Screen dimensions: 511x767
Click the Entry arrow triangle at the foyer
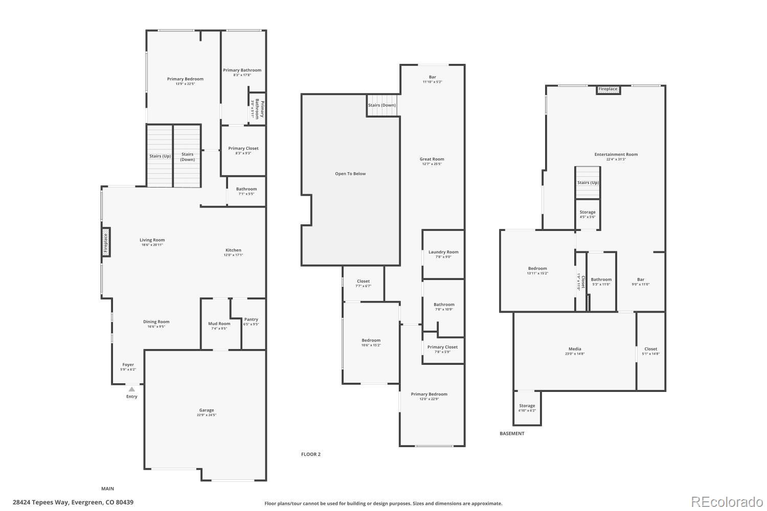(131, 389)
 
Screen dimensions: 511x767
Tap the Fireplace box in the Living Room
(106, 243)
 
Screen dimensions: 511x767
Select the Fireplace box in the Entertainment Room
(608, 89)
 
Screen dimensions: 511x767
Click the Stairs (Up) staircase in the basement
(588, 182)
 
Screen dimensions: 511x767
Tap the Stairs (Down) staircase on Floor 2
(382, 105)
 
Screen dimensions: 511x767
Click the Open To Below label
(350, 174)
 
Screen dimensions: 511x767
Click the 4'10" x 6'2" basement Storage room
(527, 408)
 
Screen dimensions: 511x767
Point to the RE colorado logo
(726, 502)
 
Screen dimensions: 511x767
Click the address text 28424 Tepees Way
(73, 502)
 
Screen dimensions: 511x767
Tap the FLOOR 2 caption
(310, 454)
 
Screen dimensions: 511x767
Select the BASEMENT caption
(512, 433)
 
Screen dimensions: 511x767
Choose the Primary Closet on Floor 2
(442, 349)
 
